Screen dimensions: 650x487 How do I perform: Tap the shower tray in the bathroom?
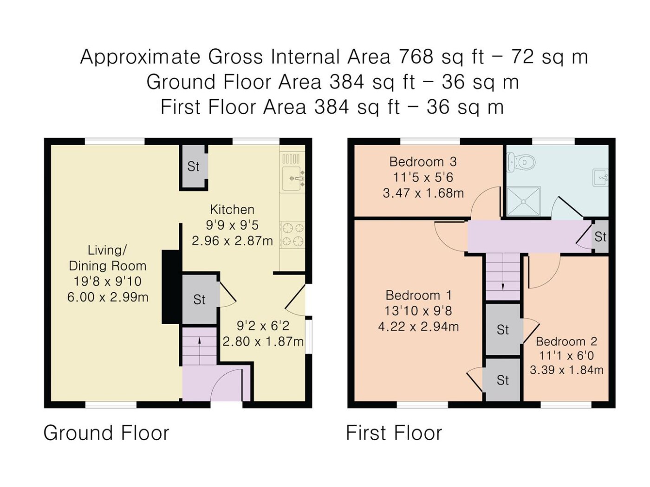click(524, 201)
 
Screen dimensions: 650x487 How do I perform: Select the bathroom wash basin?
click(600, 178)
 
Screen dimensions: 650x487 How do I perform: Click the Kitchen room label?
click(232, 210)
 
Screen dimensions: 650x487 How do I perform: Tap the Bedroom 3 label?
click(423, 162)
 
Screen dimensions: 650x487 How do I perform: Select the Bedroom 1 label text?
click(419, 295)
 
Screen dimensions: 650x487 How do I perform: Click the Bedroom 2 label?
click(566, 341)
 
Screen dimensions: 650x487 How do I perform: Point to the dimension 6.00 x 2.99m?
click(108, 297)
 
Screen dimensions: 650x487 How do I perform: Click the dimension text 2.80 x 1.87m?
click(263, 342)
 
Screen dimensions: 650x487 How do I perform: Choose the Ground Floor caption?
click(106, 433)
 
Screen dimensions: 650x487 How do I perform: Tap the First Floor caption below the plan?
click(394, 433)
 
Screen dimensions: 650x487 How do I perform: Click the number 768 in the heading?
click(416, 57)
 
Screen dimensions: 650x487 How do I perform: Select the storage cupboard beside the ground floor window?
click(193, 166)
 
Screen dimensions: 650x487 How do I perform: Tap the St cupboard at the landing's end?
click(600, 237)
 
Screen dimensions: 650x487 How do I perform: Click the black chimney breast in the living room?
click(171, 287)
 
